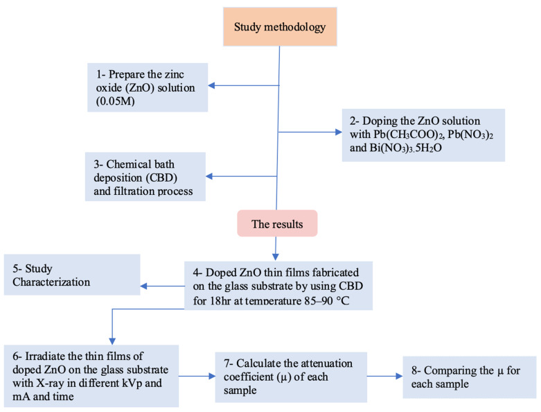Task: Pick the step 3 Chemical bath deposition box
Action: pyautogui.click(x=145, y=177)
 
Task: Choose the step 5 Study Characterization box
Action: pyautogui.click(x=71, y=275)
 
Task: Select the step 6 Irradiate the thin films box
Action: pyautogui.click(x=90, y=375)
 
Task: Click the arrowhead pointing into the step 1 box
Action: pyautogui.click(x=212, y=86)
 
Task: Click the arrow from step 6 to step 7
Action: pyautogui.click(x=197, y=377)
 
